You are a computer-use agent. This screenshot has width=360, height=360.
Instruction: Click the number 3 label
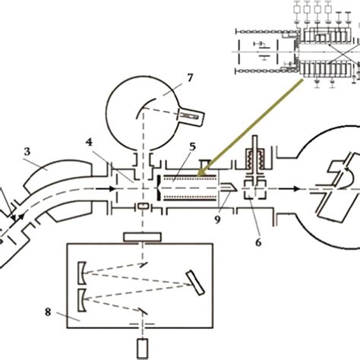pos(27,152)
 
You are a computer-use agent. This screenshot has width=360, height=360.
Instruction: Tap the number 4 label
pos(90,141)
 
